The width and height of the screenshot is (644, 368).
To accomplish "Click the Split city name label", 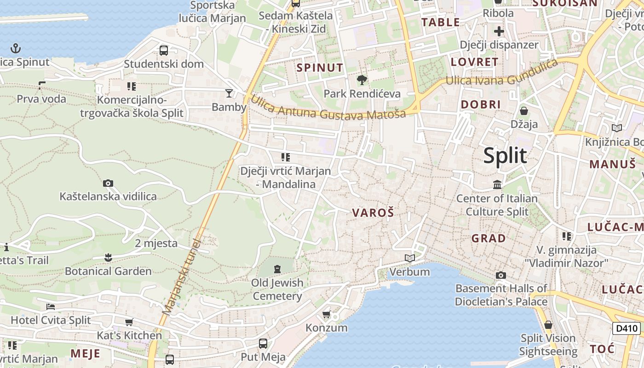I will click(x=505, y=156).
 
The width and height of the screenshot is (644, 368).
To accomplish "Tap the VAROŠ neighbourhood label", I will click(x=373, y=213).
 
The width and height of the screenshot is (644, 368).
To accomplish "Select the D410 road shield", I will click(x=627, y=328).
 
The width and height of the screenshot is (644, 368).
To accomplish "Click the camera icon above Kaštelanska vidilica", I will click(x=108, y=184).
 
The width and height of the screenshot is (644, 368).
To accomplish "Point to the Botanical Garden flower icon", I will click(x=108, y=257).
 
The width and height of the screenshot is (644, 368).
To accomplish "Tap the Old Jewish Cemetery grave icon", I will click(x=277, y=269).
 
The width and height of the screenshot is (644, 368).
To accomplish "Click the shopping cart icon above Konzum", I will click(x=327, y=315).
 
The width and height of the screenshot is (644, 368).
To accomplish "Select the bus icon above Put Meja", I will click(x=263, y=343).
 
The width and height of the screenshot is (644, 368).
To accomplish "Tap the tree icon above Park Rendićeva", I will click(x=362, y=80).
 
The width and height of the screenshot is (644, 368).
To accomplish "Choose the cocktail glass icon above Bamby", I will click(x=229, y=94).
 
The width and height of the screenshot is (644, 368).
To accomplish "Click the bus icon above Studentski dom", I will click(x=164, y=50).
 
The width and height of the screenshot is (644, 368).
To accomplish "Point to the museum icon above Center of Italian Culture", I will click(x=497, y=185).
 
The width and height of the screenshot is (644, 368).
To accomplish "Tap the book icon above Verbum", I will click(x=409, y=258).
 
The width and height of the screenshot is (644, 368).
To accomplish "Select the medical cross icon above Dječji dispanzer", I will click(x=499, y=31).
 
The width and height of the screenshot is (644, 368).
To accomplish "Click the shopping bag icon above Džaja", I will click(x=524, y=111).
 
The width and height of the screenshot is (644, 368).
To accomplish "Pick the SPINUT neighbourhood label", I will click(x=320, y=68).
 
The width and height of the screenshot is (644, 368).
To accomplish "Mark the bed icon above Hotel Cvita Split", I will click(x=51, y=306).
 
